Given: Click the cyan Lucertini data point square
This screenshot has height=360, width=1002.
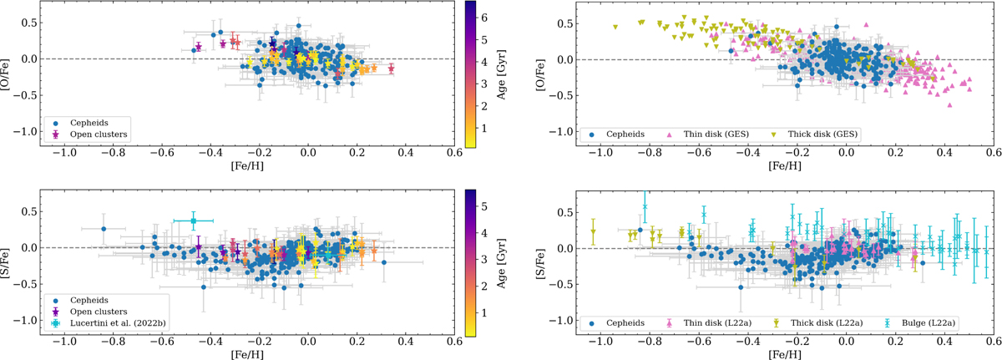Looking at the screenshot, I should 193,221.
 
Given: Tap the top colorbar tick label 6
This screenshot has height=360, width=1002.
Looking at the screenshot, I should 486,15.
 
